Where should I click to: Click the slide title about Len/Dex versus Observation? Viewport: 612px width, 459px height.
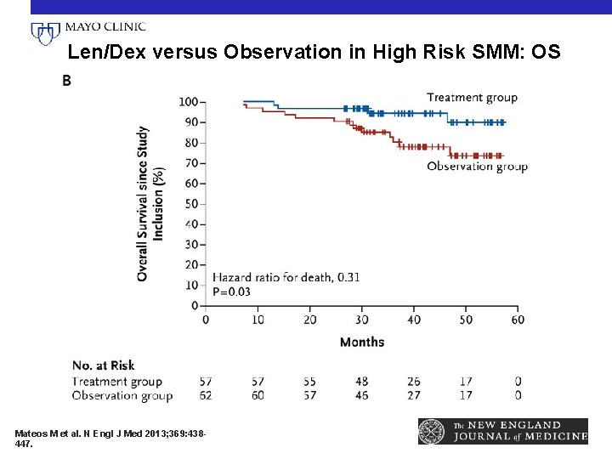[x=314, y=53]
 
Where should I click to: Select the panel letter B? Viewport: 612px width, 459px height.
[x=66, y=81]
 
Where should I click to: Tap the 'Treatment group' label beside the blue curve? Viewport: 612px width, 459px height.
[x=472, y=97]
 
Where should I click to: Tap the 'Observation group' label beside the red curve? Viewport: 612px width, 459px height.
[x=477, y=167]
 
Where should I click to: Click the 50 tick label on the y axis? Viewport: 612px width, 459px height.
[x=190, y=204]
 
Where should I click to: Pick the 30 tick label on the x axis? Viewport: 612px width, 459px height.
[x=362, y=320]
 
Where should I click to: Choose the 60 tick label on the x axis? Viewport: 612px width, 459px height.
[x=518, y=320]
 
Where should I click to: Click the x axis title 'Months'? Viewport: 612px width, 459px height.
[x=362, y=342]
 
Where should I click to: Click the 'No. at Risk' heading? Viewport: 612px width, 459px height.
[x=104, y=365]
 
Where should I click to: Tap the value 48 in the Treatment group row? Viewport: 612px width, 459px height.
[x=362, y=382]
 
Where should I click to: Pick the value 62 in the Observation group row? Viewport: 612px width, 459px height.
[x=206, y=395]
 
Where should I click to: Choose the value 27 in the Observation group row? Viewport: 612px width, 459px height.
[x=414, y=395]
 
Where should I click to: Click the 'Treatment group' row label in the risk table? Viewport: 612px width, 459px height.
[x=117, y=382]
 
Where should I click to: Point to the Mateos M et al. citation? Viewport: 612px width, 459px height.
[x=108, y=438]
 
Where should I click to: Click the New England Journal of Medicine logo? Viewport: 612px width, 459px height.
[x=503, y=431]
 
